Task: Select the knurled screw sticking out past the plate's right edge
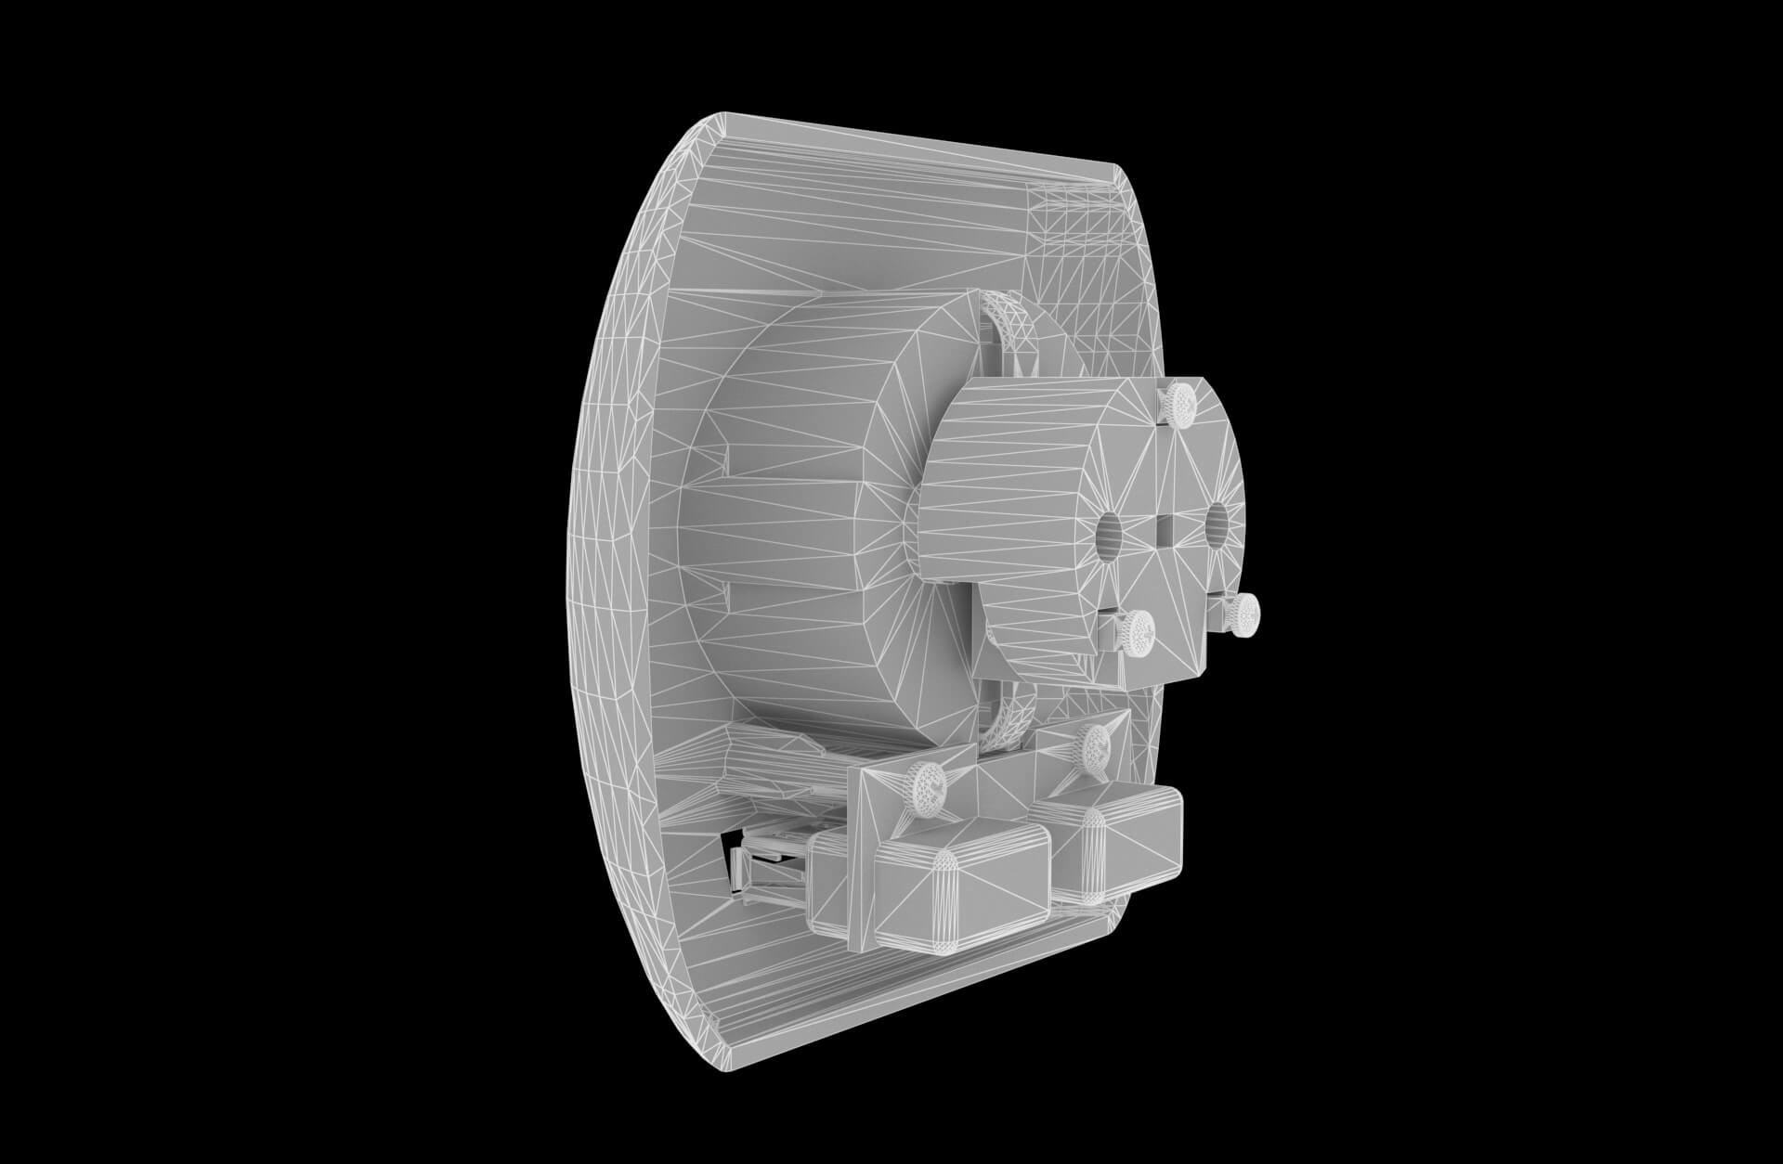1241,612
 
